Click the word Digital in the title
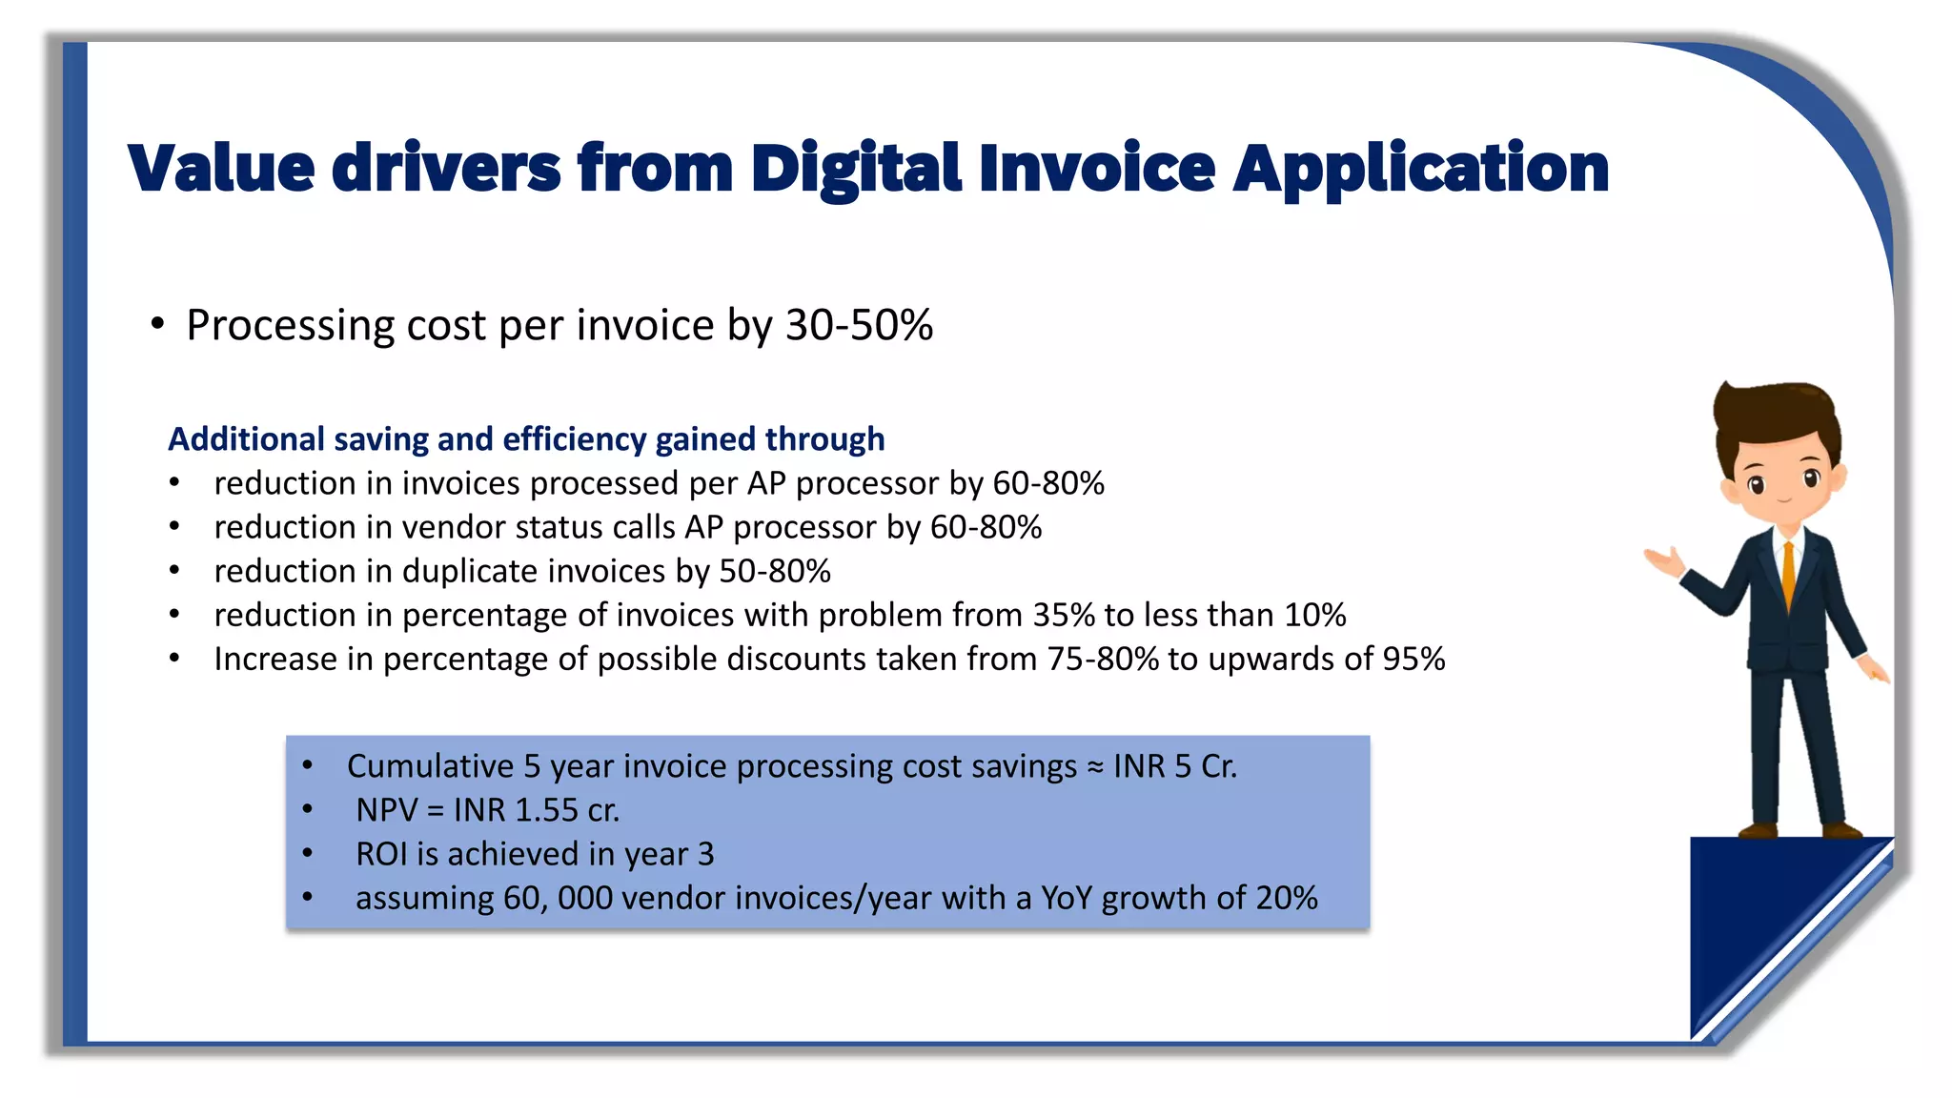[855, 170]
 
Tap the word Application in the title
[1420, 170]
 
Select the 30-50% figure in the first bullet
[859, 326]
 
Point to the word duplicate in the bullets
[470, 571]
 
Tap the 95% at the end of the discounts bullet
[1413, 659]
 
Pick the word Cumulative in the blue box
[430, 766]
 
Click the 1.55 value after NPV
[546, 810]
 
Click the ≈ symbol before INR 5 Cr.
[1095, 767]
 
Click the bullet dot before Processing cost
[157, 325]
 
